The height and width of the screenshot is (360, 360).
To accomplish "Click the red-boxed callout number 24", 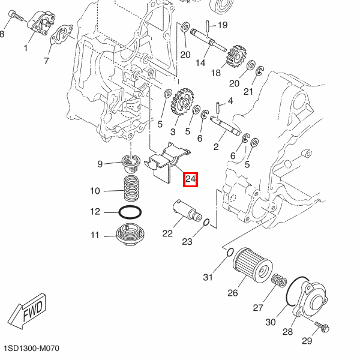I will [x=190, y=179].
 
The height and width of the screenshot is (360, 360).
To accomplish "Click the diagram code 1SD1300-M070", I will [x=31, y=349].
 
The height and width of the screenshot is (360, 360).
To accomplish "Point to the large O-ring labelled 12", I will [x=131, y=212].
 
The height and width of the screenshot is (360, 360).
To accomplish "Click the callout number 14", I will [x=200, y=62].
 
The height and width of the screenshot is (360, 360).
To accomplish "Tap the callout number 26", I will [x=232, y=293].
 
